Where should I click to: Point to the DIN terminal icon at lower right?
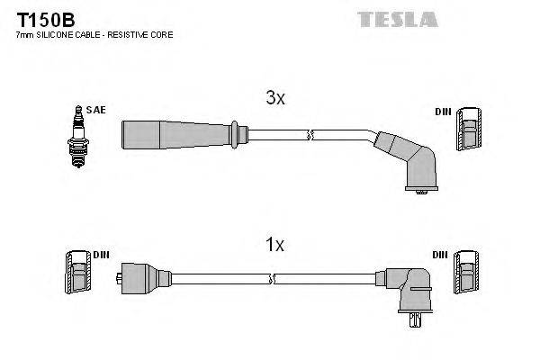(x=467, y=273)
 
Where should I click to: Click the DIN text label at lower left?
(x=99, y=255)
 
